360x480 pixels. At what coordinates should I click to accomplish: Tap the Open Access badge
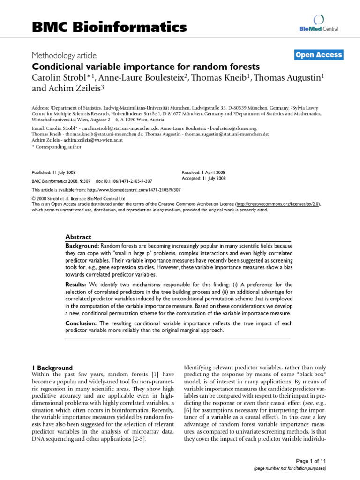point(319,55)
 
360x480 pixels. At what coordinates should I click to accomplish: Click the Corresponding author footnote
point(56,147)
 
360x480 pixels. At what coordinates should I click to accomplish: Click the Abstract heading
point(78,237)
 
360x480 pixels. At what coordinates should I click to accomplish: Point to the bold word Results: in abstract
point(76,284)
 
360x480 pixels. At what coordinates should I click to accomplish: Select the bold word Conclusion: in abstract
point(81,323)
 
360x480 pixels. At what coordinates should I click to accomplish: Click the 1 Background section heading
point(52,367)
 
